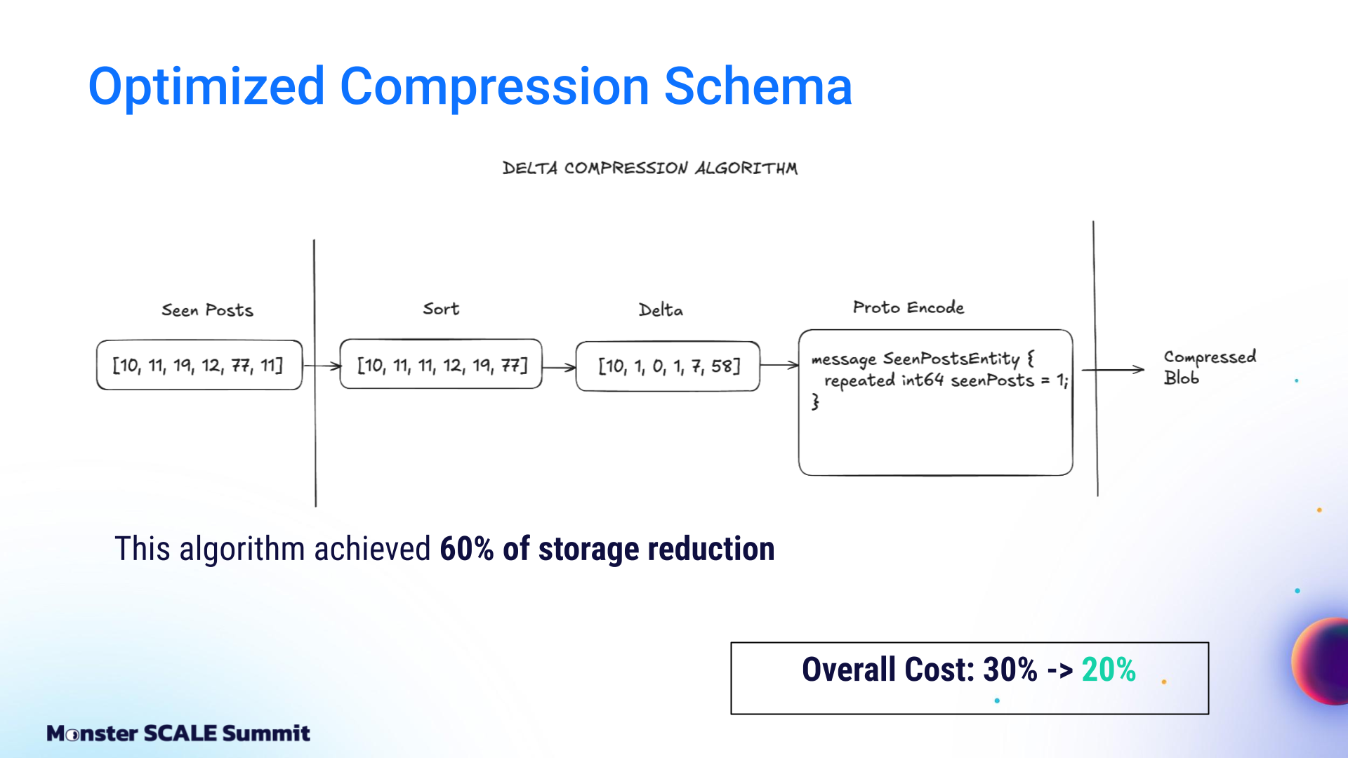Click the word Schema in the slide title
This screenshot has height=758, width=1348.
758,86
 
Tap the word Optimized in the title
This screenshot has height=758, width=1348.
206,88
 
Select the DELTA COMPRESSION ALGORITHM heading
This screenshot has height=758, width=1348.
650,168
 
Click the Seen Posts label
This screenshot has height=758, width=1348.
207,310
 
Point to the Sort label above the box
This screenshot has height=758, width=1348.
441,309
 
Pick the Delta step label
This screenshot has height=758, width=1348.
661,310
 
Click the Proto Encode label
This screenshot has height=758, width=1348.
908,307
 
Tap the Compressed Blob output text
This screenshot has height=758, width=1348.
1210,367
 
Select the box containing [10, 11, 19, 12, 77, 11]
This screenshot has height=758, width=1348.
199,365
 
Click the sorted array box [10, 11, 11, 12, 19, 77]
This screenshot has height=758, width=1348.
441,364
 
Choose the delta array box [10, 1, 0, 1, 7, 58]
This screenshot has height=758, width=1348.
668,366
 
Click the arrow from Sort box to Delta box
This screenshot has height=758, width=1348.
559,367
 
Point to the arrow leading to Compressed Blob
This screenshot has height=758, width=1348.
1113,370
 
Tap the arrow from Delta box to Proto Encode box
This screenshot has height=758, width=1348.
779,365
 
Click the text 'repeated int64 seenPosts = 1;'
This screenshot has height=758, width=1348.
946,380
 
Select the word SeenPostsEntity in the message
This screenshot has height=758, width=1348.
951,359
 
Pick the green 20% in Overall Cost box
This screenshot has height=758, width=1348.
1109,670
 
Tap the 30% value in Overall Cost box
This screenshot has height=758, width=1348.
1010,670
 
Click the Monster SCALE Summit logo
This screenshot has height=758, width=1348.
178,733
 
